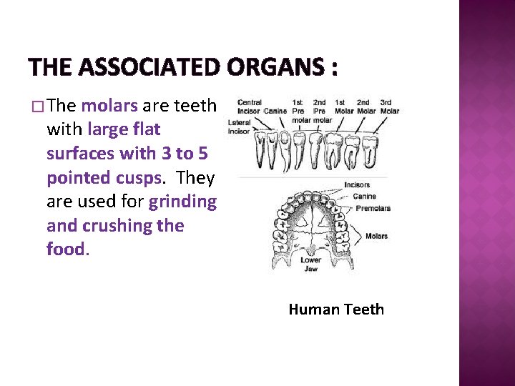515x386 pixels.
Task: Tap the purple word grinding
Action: point(182,202)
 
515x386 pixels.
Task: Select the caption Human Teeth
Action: point(336,310)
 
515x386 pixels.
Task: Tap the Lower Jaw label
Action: point(311,264)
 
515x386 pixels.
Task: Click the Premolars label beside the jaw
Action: point(373,209)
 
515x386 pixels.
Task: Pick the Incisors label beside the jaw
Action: point(357,185)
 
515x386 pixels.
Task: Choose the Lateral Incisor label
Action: point(239,127)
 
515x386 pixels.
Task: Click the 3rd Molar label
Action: point(390,107)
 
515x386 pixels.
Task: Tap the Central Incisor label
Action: point(249,107)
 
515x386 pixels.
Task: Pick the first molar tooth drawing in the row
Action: point(332,151)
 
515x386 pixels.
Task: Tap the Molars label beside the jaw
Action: point(376,236)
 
